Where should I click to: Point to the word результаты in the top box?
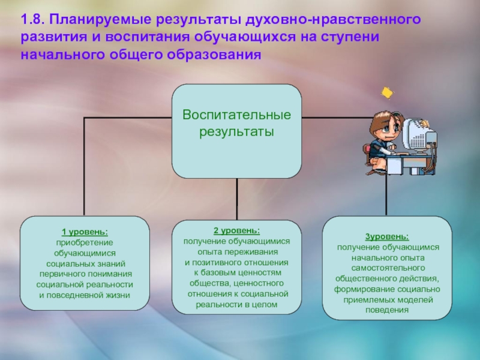coord(236,130)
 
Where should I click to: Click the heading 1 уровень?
coord(85,232)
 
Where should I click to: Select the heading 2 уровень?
coord(236,230)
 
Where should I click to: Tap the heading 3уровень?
coord(387,236)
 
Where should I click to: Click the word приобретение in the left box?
coord(85,242)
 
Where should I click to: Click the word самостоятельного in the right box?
coord(388,268)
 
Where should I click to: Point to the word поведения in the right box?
coord(387,310)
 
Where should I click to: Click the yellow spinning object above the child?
coord(387,93)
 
